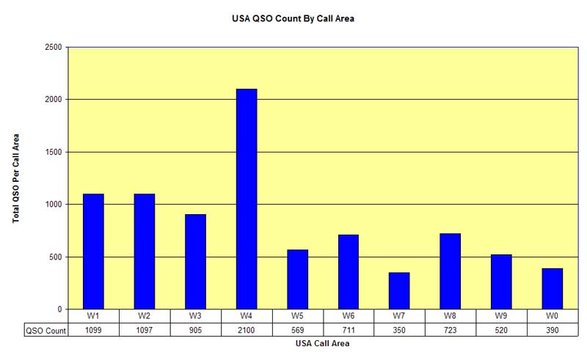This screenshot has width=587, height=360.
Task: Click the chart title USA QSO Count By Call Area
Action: (293, 19)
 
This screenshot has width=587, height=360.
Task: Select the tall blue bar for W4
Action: (247, 199)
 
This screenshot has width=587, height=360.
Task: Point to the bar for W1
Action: (93, 251)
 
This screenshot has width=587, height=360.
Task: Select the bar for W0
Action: (553, 288)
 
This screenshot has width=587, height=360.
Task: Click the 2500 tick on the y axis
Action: (53, 47)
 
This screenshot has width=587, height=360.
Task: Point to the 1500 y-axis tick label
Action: (53, 152)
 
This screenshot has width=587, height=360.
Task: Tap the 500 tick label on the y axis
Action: (56, 257)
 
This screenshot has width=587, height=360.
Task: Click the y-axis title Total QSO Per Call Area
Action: (16, 177)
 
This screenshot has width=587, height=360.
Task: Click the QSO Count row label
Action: (45, 330)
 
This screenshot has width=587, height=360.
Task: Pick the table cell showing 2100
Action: (247, 330)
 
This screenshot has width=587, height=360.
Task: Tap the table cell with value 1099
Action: (93, 330)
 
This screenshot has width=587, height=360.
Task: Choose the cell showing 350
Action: (399, 330)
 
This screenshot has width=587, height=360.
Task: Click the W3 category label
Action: (195, 316)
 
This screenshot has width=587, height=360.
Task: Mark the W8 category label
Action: (450, 316)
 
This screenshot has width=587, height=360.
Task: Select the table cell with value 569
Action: (297, 330)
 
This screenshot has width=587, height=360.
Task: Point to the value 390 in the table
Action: (553, 330)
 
